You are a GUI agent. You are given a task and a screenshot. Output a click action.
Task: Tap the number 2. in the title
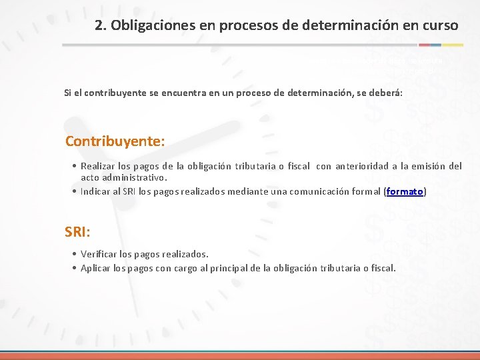pyautogui.click(x=101, y=26)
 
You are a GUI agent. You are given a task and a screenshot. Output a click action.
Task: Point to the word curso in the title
pyautogui.click(x=439, y=26)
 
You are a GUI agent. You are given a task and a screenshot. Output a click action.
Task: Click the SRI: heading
pyautogui.click(x=78, y=232)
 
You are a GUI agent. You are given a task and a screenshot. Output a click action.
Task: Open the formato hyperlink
pyautogui.click(x=405, y=191)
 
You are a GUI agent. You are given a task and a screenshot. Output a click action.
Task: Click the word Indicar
pyautogui.click(x=96, y=191)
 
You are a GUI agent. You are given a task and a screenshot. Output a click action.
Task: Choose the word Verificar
pyautogui.click(x=99, y=254)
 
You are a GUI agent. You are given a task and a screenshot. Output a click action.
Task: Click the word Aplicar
pyautogui.click(x=96, y=268)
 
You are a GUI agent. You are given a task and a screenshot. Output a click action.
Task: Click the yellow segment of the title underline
pyautogui.click(x=454, y=45)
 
